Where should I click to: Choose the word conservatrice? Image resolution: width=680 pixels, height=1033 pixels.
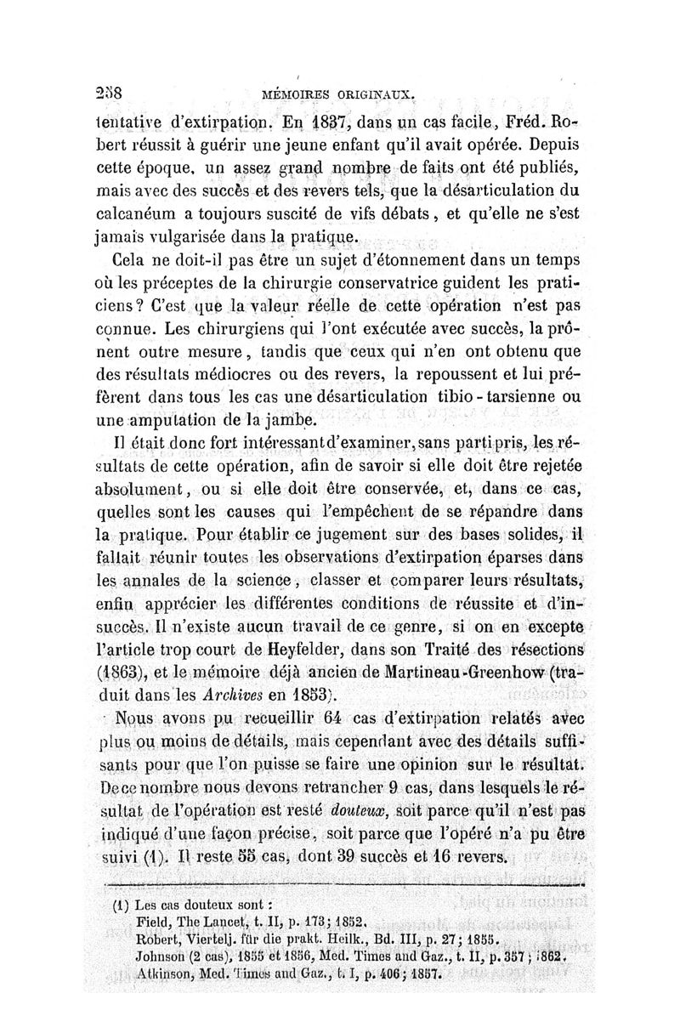point(420,281)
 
